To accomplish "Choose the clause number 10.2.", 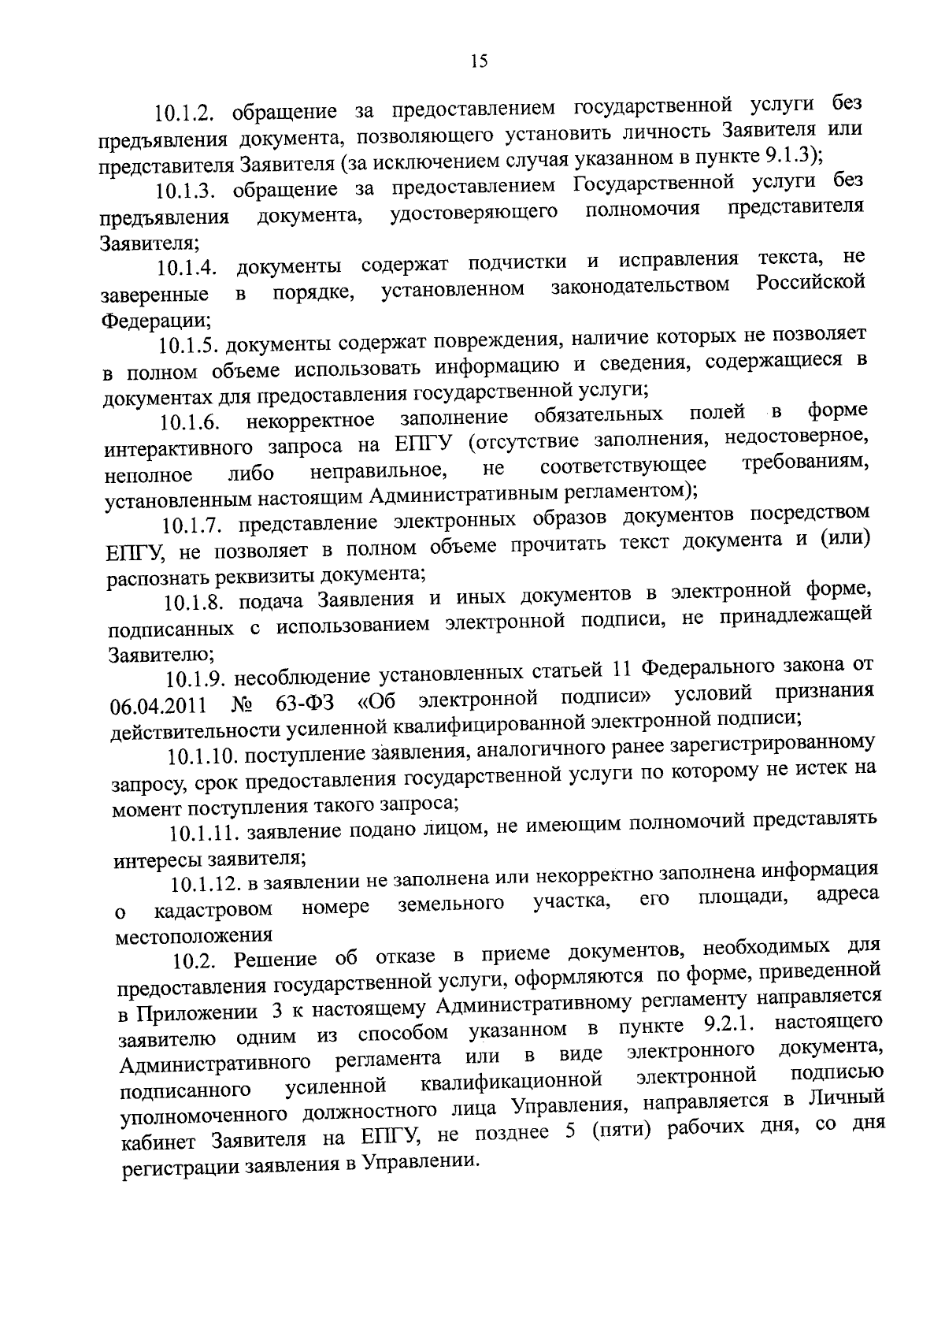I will pos(196,960).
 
